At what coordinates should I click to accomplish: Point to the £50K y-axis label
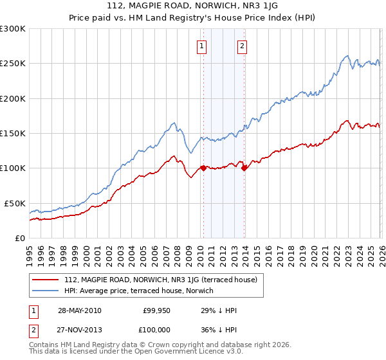[14, 203]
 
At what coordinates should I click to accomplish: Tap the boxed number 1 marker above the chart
[202, 46]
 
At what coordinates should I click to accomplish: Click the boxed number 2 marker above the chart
[243, 46]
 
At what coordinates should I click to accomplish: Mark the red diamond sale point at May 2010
[203, 168]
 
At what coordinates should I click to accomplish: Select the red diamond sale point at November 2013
[244, 168]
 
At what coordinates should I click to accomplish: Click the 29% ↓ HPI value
[219, 310]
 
